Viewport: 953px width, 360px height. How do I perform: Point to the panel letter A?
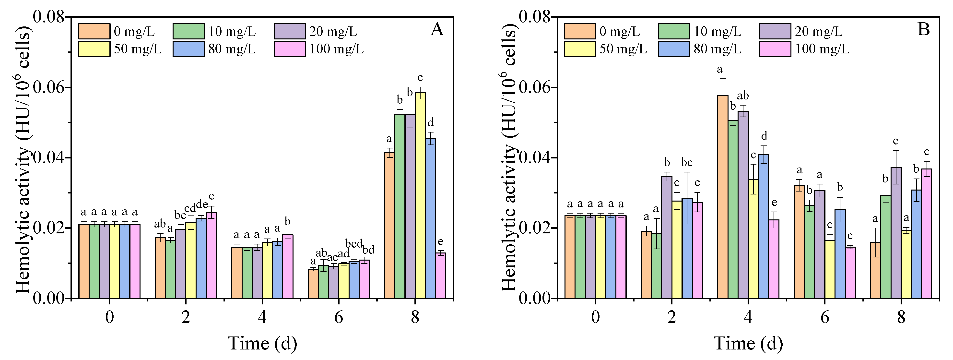(x=437, y=30)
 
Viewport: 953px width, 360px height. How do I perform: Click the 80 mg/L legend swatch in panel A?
(x=188, y=49)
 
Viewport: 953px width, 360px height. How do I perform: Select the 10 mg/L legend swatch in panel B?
(x=674, y=31)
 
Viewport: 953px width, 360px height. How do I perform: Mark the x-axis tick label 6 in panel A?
(x=339, y=317)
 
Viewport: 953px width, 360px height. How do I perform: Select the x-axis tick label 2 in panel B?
(x=672, y=317)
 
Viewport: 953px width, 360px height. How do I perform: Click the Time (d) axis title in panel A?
(x=262, y=343)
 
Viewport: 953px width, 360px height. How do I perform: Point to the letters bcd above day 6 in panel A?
(x=353, y=243)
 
